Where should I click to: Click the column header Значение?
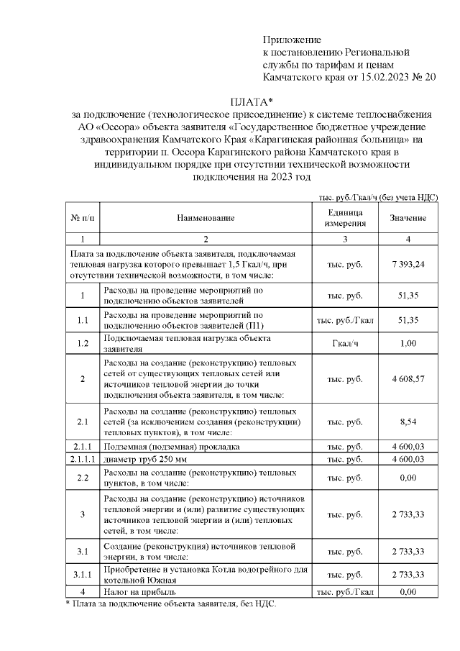point(408,218)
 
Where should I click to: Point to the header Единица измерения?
point(344,218)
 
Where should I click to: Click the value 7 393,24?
point(408,264)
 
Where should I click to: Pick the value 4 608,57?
point(408,378)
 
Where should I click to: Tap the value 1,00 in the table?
point(408,343)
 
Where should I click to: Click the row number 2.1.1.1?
point(83,459)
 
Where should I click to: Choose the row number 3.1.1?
point(83,575)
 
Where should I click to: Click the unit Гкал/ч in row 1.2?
point(344,343)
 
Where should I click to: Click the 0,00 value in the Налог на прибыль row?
point(408,592)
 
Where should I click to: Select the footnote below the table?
point(170,604)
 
